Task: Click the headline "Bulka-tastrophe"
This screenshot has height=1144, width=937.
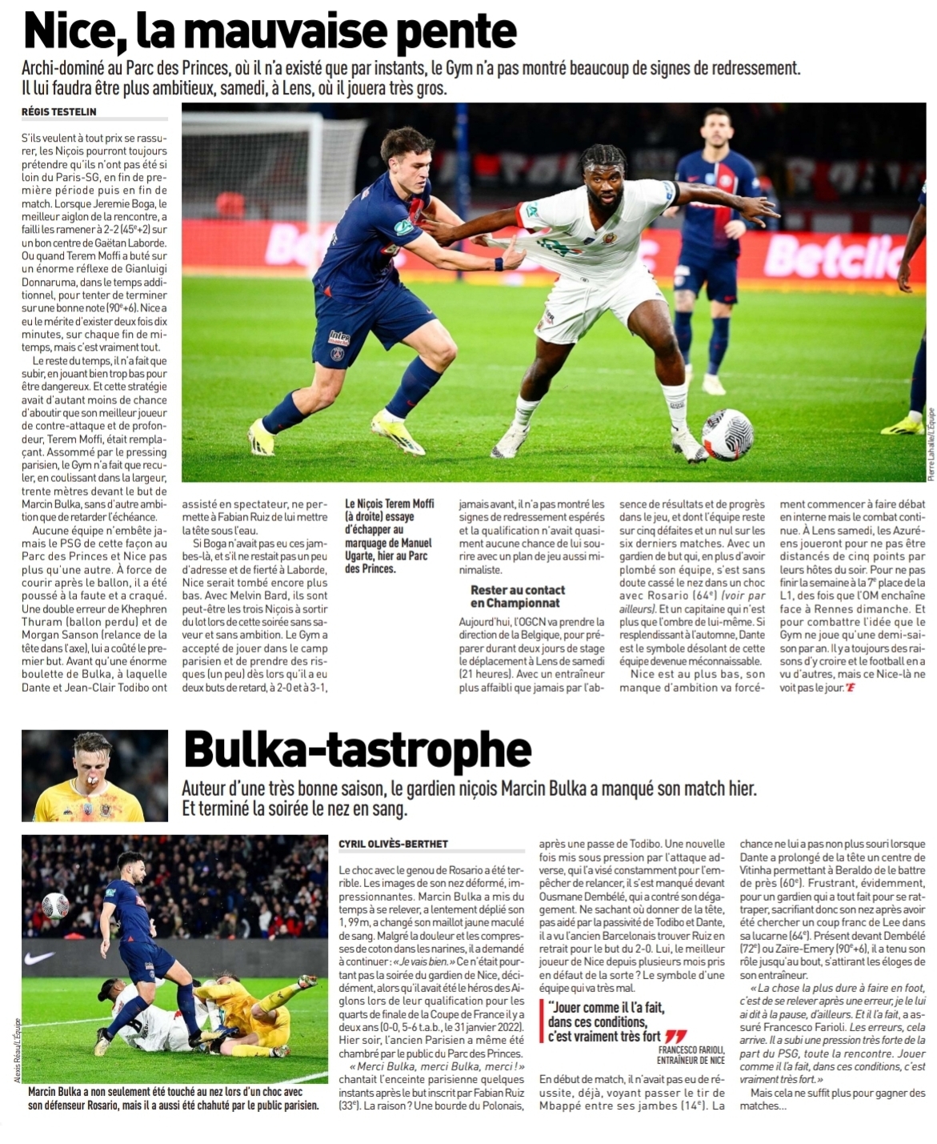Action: pos(357,749)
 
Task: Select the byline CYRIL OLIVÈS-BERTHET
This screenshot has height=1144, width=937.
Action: pos(392,844)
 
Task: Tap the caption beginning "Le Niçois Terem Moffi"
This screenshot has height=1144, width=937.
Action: pos(390,536)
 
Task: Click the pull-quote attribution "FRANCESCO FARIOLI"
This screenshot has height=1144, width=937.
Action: pos(692,1050)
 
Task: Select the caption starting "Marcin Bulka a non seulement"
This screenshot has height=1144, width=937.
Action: pos(172,1098)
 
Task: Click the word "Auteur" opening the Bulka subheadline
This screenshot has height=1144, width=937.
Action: pos(205,788)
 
